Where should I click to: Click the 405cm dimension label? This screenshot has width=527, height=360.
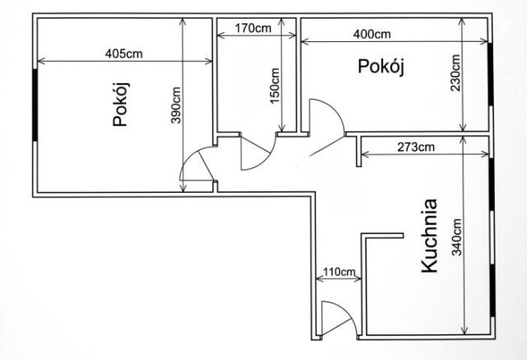coord(124,54)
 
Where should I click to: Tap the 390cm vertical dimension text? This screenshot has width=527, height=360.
coord(175,105)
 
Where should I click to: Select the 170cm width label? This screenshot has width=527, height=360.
coord(253,28)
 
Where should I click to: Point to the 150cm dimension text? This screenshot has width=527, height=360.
coord(274,86)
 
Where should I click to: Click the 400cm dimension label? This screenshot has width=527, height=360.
coord(372,34)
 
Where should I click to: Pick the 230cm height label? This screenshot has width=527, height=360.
coord(455,73)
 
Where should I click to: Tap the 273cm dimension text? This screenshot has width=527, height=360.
coord(416,147)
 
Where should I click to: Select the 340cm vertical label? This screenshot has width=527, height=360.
coord(456,237)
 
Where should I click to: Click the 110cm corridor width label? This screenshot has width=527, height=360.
coord(339,271)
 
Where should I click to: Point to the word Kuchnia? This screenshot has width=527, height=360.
coord(430,236)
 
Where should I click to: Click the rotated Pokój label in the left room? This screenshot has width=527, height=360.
coord(121,104)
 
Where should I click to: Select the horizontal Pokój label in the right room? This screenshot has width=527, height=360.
coord(380,67)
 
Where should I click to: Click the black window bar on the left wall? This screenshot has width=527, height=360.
coord(35,105)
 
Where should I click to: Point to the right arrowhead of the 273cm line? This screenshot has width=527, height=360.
coord(485,154)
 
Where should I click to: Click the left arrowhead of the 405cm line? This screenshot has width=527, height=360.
coord(41,61)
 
